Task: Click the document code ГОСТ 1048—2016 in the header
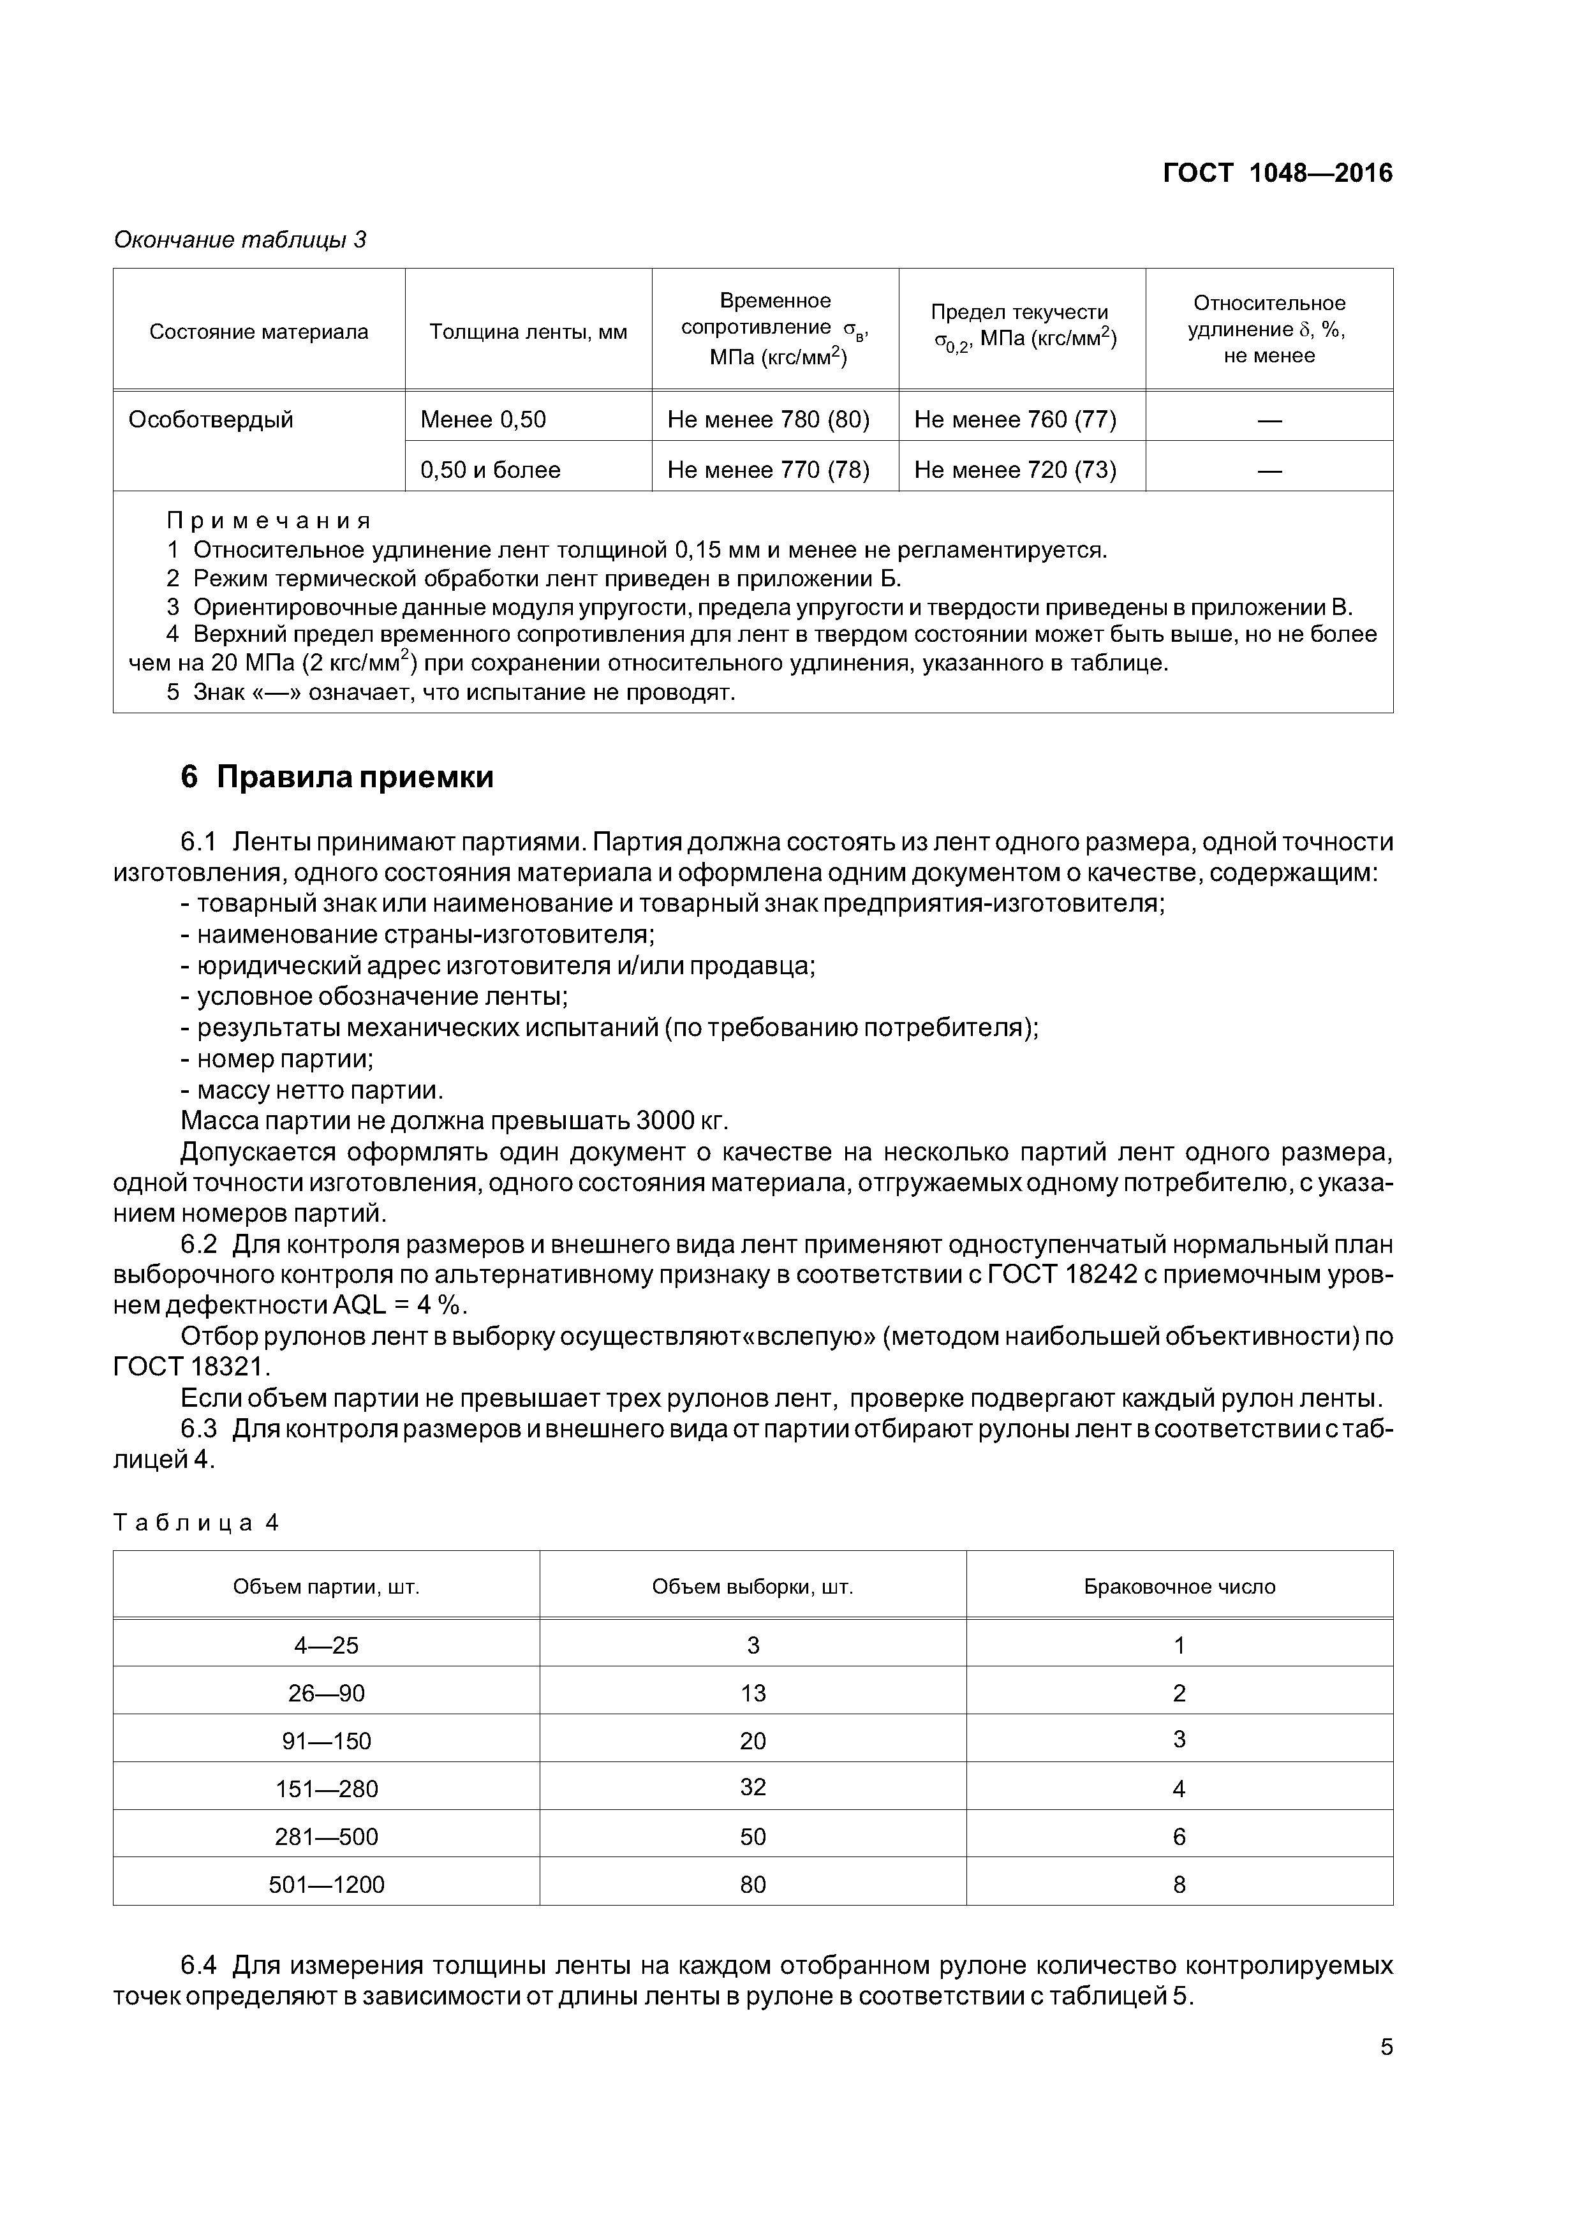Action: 1277,174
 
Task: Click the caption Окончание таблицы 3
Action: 240,240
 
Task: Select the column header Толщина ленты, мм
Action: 528,331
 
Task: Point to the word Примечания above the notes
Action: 269,521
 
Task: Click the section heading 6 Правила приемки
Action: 337,777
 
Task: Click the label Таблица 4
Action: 197,1523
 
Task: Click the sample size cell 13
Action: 753,1693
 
